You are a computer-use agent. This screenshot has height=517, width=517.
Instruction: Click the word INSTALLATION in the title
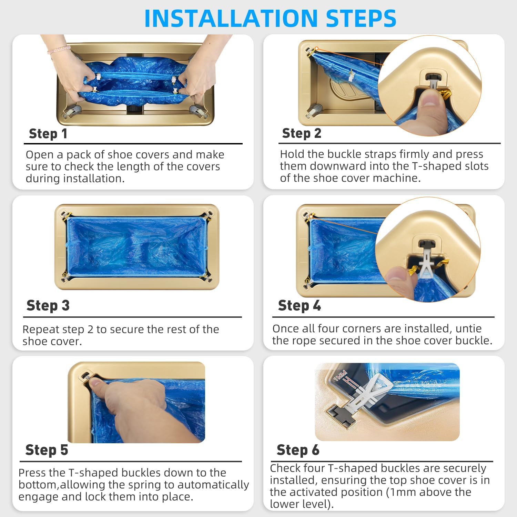click(231, 18)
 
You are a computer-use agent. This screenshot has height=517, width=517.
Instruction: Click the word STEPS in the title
click(361, 18)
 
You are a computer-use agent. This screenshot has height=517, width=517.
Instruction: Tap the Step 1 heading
click(48, 134)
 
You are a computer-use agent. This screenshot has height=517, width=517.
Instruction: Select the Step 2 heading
click(302, 133)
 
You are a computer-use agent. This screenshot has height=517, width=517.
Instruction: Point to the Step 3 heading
click(48, 306)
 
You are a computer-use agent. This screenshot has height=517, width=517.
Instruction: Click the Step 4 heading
click(300, 306)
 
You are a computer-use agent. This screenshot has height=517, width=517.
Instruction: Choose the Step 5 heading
click(47, 450)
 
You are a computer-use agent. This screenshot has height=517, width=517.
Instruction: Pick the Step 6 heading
click(298, 450)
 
